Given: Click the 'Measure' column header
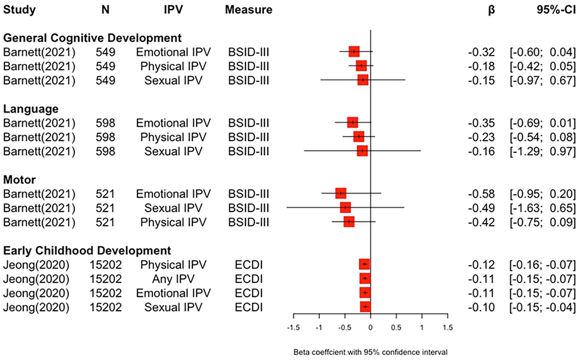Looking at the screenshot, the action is pos(249,10).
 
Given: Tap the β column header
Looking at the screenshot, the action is pos(491,10).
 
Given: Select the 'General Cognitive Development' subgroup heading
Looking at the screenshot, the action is pos(92,38).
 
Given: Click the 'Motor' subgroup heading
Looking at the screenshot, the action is pos(20,180).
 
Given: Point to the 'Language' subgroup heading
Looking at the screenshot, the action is pos(31,109).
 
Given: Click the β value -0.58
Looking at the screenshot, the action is pos(481,194).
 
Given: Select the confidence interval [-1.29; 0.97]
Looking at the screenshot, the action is pos(543,152).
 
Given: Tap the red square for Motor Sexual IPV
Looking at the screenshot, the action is pos(345,207).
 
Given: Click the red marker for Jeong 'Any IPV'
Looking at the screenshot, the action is pos(365,279).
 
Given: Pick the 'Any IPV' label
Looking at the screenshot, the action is pos(173,279).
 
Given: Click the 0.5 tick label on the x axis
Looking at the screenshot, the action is pos(396,328).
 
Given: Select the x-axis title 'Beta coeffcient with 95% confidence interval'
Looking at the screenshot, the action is pos(370,352).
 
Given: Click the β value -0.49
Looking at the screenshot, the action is pos(481,208).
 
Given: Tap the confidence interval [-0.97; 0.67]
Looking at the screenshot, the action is pos(543,81).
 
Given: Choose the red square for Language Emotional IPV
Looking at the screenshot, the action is pos(353,122).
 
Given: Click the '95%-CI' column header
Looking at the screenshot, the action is pos(556,10).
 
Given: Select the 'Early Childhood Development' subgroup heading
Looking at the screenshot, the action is pos(87,250).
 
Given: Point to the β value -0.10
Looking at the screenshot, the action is pos(481,307).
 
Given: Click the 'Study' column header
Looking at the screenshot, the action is pos(19,10).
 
